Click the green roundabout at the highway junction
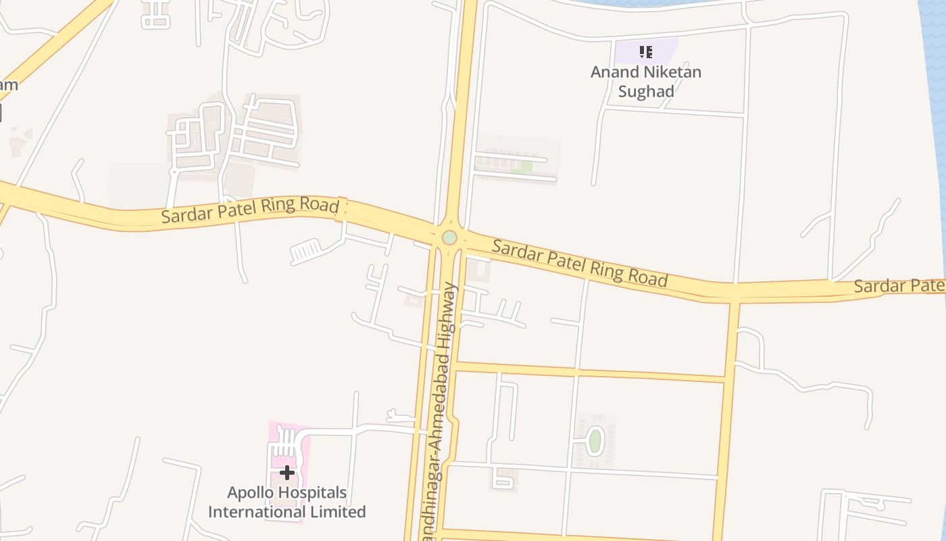pos(449,237)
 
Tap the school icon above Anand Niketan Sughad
pos(646,51)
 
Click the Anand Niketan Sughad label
pos(646,81)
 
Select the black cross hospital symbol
pos(287,472)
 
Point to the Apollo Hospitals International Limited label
pos(287,502)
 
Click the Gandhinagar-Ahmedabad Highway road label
pos(443,413)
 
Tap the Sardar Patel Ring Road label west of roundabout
pos(250,210)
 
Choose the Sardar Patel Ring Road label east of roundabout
pos(580,262)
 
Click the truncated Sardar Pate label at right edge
pos(898,286)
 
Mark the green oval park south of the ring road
pos(595,442)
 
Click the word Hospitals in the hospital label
pos(315,492)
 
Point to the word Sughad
pos(646,91)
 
